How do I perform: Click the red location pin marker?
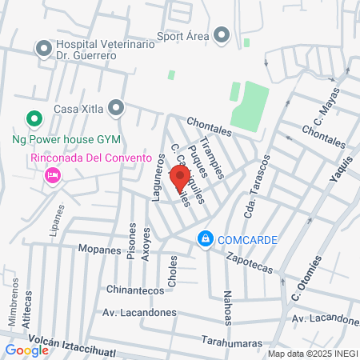point(180,177)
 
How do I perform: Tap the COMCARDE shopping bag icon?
point(206,238)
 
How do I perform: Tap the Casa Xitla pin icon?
point(118,106)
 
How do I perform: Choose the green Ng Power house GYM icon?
point(34,121)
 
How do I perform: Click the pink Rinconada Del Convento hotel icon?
point(54,174)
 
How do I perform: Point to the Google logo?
point(26,350)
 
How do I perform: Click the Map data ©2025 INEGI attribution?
point(311,354)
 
